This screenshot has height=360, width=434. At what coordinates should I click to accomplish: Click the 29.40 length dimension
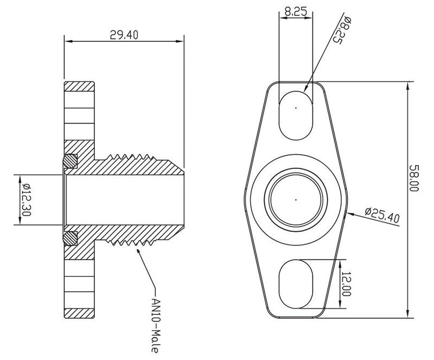coord(124,35)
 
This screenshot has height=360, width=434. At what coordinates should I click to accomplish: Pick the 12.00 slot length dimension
coord(347,283)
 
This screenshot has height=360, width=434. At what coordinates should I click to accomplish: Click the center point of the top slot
coord(296,108)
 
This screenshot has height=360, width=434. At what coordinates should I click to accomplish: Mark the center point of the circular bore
coord(296,199)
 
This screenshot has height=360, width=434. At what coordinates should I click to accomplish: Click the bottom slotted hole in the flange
coord(296,283)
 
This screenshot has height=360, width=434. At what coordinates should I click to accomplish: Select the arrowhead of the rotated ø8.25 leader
coord(307,89)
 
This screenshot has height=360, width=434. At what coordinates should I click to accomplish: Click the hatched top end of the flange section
coord(80,87)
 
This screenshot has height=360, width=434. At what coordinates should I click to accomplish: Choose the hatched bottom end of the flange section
coord(80,312)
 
